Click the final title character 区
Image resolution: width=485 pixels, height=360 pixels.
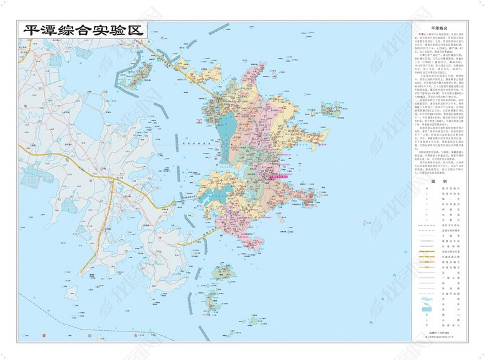click(x=139, y=30)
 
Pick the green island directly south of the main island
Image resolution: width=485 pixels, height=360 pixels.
click(x=224, y=272)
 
